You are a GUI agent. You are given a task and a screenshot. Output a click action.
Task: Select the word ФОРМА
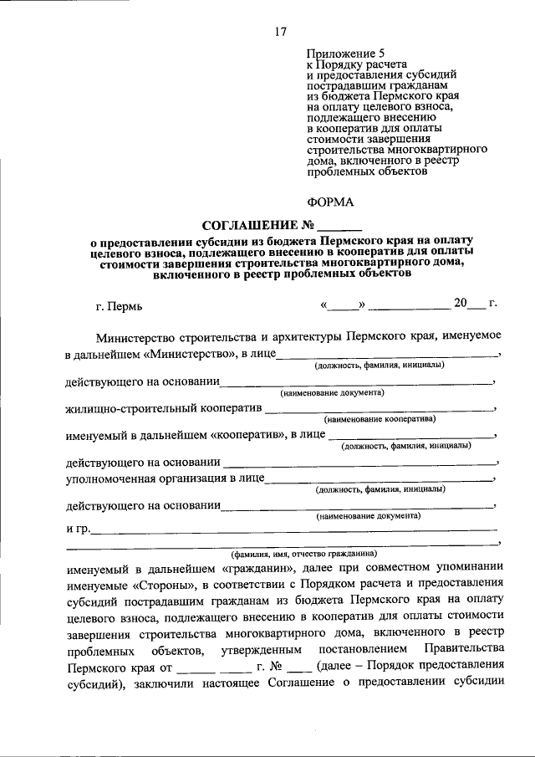tap(330, 202)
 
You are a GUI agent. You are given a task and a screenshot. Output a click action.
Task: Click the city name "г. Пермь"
tap(119, 306)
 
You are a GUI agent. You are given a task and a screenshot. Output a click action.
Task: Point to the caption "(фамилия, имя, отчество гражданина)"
tap(304, 553)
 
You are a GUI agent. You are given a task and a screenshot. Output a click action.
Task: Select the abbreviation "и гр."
tap(76, 528)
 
